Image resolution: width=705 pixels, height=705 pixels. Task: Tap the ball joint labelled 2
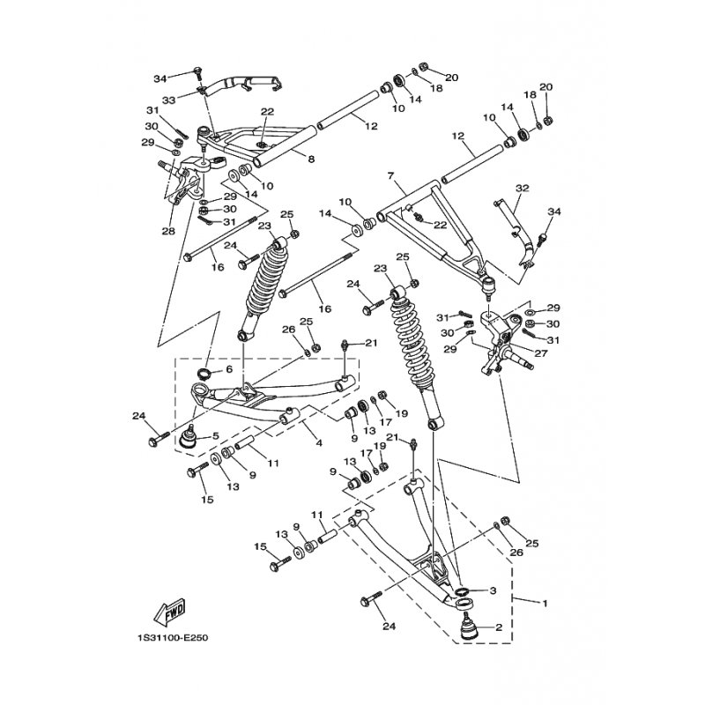coord(468,627)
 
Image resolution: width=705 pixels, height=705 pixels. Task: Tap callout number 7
coord(390,176)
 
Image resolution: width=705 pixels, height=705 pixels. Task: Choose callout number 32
coord(523,188)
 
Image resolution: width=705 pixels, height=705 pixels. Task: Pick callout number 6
coord(228,370)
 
